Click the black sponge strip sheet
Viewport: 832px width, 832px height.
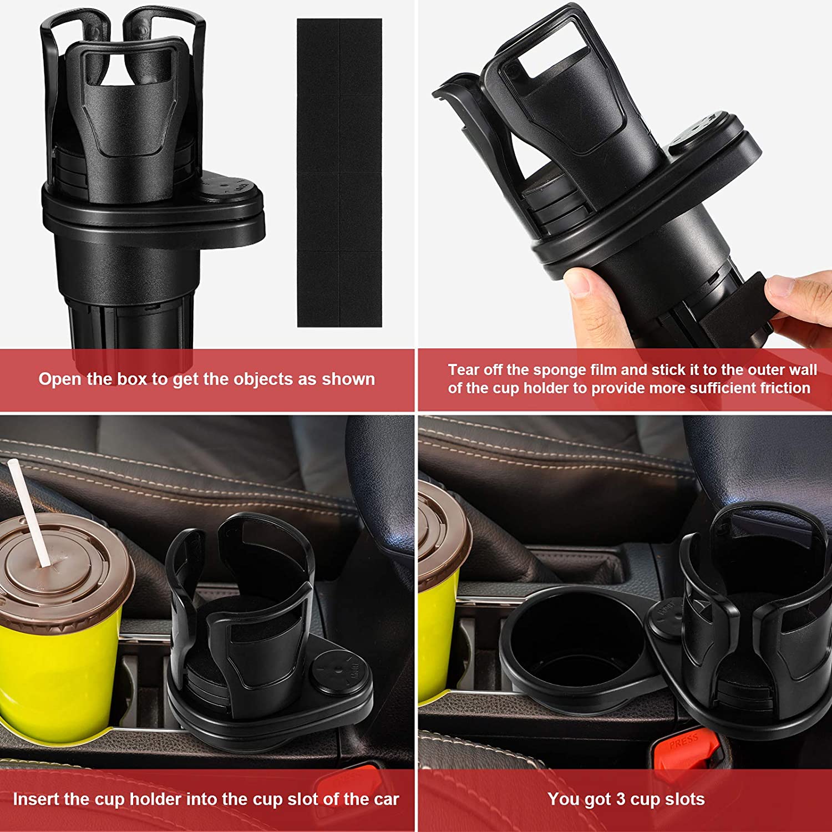click(x=339, y=172)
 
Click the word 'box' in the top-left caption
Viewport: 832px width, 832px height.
click(x=133, y=379)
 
